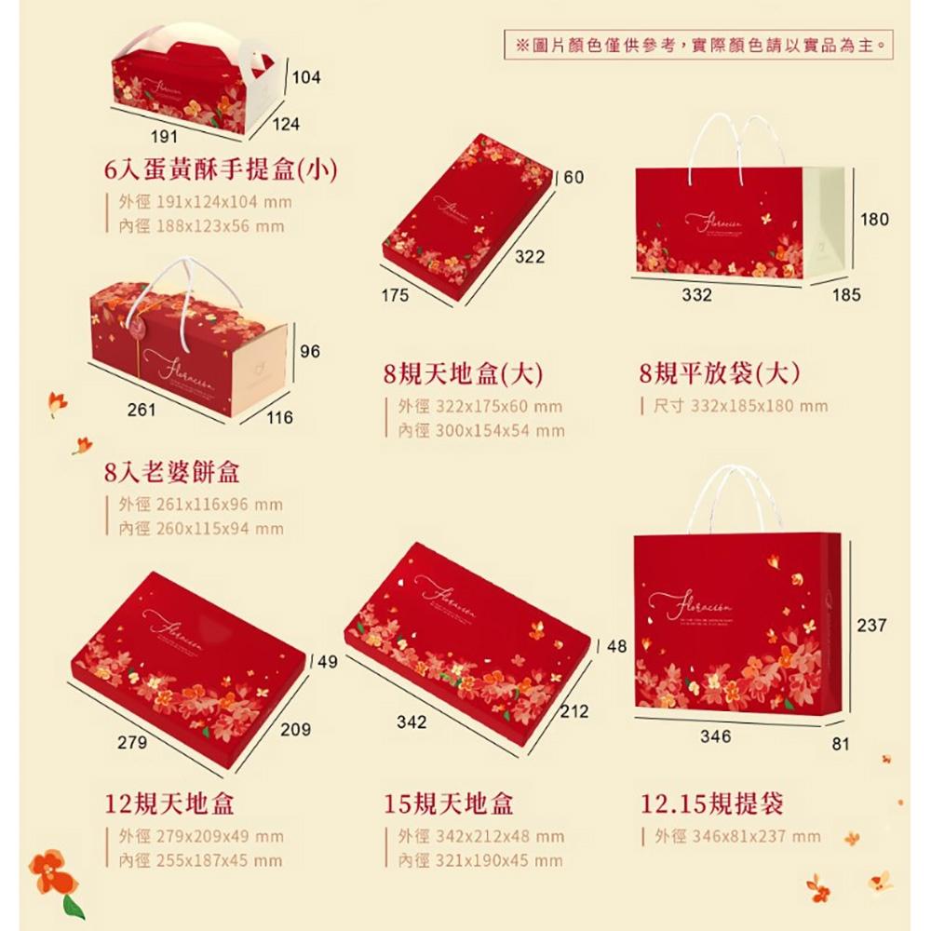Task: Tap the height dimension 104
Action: pyautogui.click(x=305, y=78)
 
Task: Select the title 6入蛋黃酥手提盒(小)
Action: pyautogui.click(x=220, y=169)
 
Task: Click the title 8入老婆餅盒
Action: pyautogui.click(x=172, y=472)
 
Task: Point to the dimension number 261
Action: pyautogui.click(x=141, y=410)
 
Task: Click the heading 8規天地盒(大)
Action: pyautogui.click(x=463, y=374)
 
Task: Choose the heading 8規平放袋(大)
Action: pyautogui.click(x=720, y=374)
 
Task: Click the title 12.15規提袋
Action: pyautogui.click(x=712, y=803)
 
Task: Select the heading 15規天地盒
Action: pyautogui.click(x=449, y=803)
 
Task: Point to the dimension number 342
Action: pyautogui.click(x=412, y=722)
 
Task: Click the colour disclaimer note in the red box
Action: pyautogui.click(x=693, y=44)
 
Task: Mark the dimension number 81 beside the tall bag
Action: pyautogui.click(x=841, y=744)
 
